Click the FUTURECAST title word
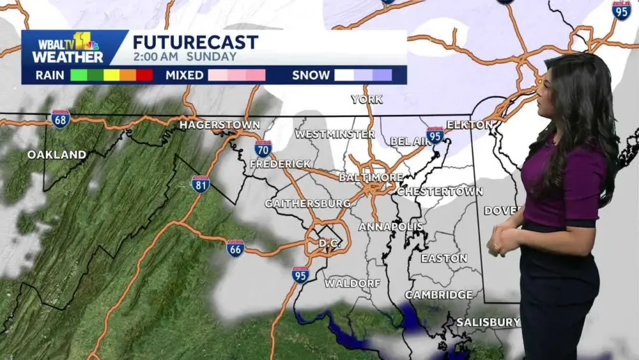click(195, 42)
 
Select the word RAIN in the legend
click(49, 75)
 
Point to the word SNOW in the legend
click(311, 75)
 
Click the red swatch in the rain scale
click(144, 75)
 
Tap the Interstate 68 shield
click(61, 119)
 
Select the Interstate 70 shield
click(263, 148)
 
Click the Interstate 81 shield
click(201, 184)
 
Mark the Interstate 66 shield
click(235, 248)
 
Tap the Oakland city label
click(57, 155)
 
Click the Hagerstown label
click(219, 125)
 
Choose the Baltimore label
click(371, 177)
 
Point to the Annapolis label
click(390, 227)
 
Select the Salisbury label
click(488, 322)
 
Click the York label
click(367, 99)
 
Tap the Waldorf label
click(352, 283)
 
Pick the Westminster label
click(334, 134)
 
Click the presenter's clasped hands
click(504, 240)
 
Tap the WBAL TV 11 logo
click(67, 48)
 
